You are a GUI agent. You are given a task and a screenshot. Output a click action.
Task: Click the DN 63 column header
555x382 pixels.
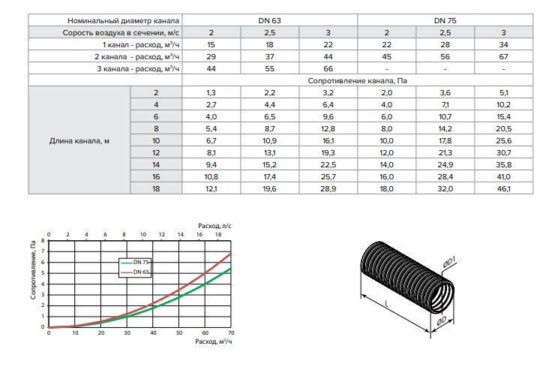tap(269, 20)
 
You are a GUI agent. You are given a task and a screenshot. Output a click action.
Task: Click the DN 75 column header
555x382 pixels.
tap(445, 20)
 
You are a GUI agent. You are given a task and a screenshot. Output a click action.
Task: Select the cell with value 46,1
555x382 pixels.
tap(503, 188)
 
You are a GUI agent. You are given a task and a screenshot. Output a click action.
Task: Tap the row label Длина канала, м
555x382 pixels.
tap(79, 141)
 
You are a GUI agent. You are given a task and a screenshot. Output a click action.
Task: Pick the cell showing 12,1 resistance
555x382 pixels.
tap(211, 188)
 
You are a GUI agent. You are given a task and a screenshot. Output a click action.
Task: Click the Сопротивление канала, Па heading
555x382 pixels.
tap(358, 81)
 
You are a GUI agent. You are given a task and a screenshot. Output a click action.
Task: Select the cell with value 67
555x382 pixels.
tap(503, 56)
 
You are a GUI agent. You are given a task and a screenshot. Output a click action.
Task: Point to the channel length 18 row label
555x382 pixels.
tap(156, 188)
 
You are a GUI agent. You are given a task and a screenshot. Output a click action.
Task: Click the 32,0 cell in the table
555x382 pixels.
tap(445, 188)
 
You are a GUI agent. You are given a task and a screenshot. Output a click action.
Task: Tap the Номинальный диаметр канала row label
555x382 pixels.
tap(123, 20)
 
